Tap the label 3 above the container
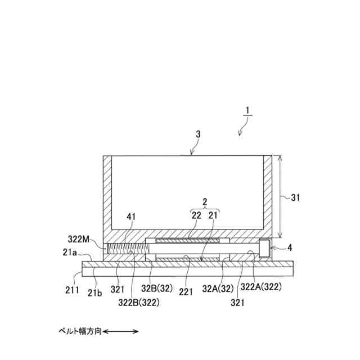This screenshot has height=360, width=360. (197, 134)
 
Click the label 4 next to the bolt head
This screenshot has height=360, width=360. (290, 247)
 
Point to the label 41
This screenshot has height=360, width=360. (130, 216)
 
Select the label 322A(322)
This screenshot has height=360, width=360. (261, 286)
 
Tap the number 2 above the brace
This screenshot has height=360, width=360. (205, 201)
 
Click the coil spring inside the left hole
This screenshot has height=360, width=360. (125, 248)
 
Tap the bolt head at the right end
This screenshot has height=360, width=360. (264, 247)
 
